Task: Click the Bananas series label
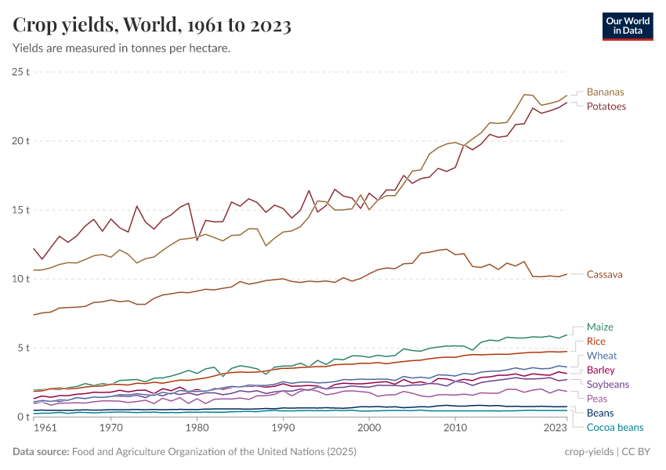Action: point(605,92)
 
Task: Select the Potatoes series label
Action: point(606,106)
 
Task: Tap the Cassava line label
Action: point(604,274)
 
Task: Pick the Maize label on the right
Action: point(600,327)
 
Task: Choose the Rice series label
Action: point(595,342)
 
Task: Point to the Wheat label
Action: point(601,356)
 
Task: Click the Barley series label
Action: point(600,370)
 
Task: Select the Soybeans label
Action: point(607,384)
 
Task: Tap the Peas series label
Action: point(597,399)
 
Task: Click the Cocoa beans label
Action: point(614,427)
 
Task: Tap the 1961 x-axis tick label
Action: point(45,428)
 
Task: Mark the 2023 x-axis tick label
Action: point(555,428)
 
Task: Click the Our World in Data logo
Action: point(628,26)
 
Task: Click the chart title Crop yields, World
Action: point(152,25)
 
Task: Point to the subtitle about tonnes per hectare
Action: point(121,49)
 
